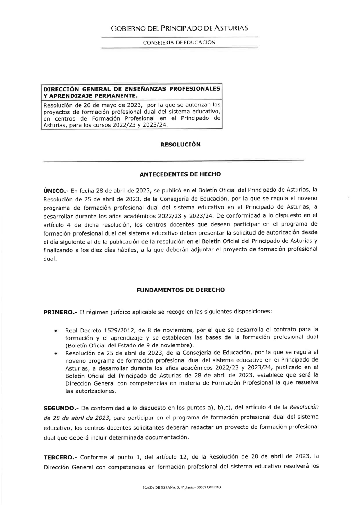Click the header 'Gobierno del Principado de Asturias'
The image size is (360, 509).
point(179,28)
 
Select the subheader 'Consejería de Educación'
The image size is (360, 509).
point(179,42)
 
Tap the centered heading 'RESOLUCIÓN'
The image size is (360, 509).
point(180,145)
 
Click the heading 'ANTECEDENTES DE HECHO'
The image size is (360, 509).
point(180,174)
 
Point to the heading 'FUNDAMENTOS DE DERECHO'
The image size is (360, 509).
point(180,290)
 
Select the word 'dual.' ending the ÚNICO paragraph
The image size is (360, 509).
point(50,259)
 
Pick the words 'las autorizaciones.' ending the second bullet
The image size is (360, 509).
point(91,391)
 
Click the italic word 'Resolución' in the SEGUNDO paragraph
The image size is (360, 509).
point(304,407)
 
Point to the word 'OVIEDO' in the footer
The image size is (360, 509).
point(214,488)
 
